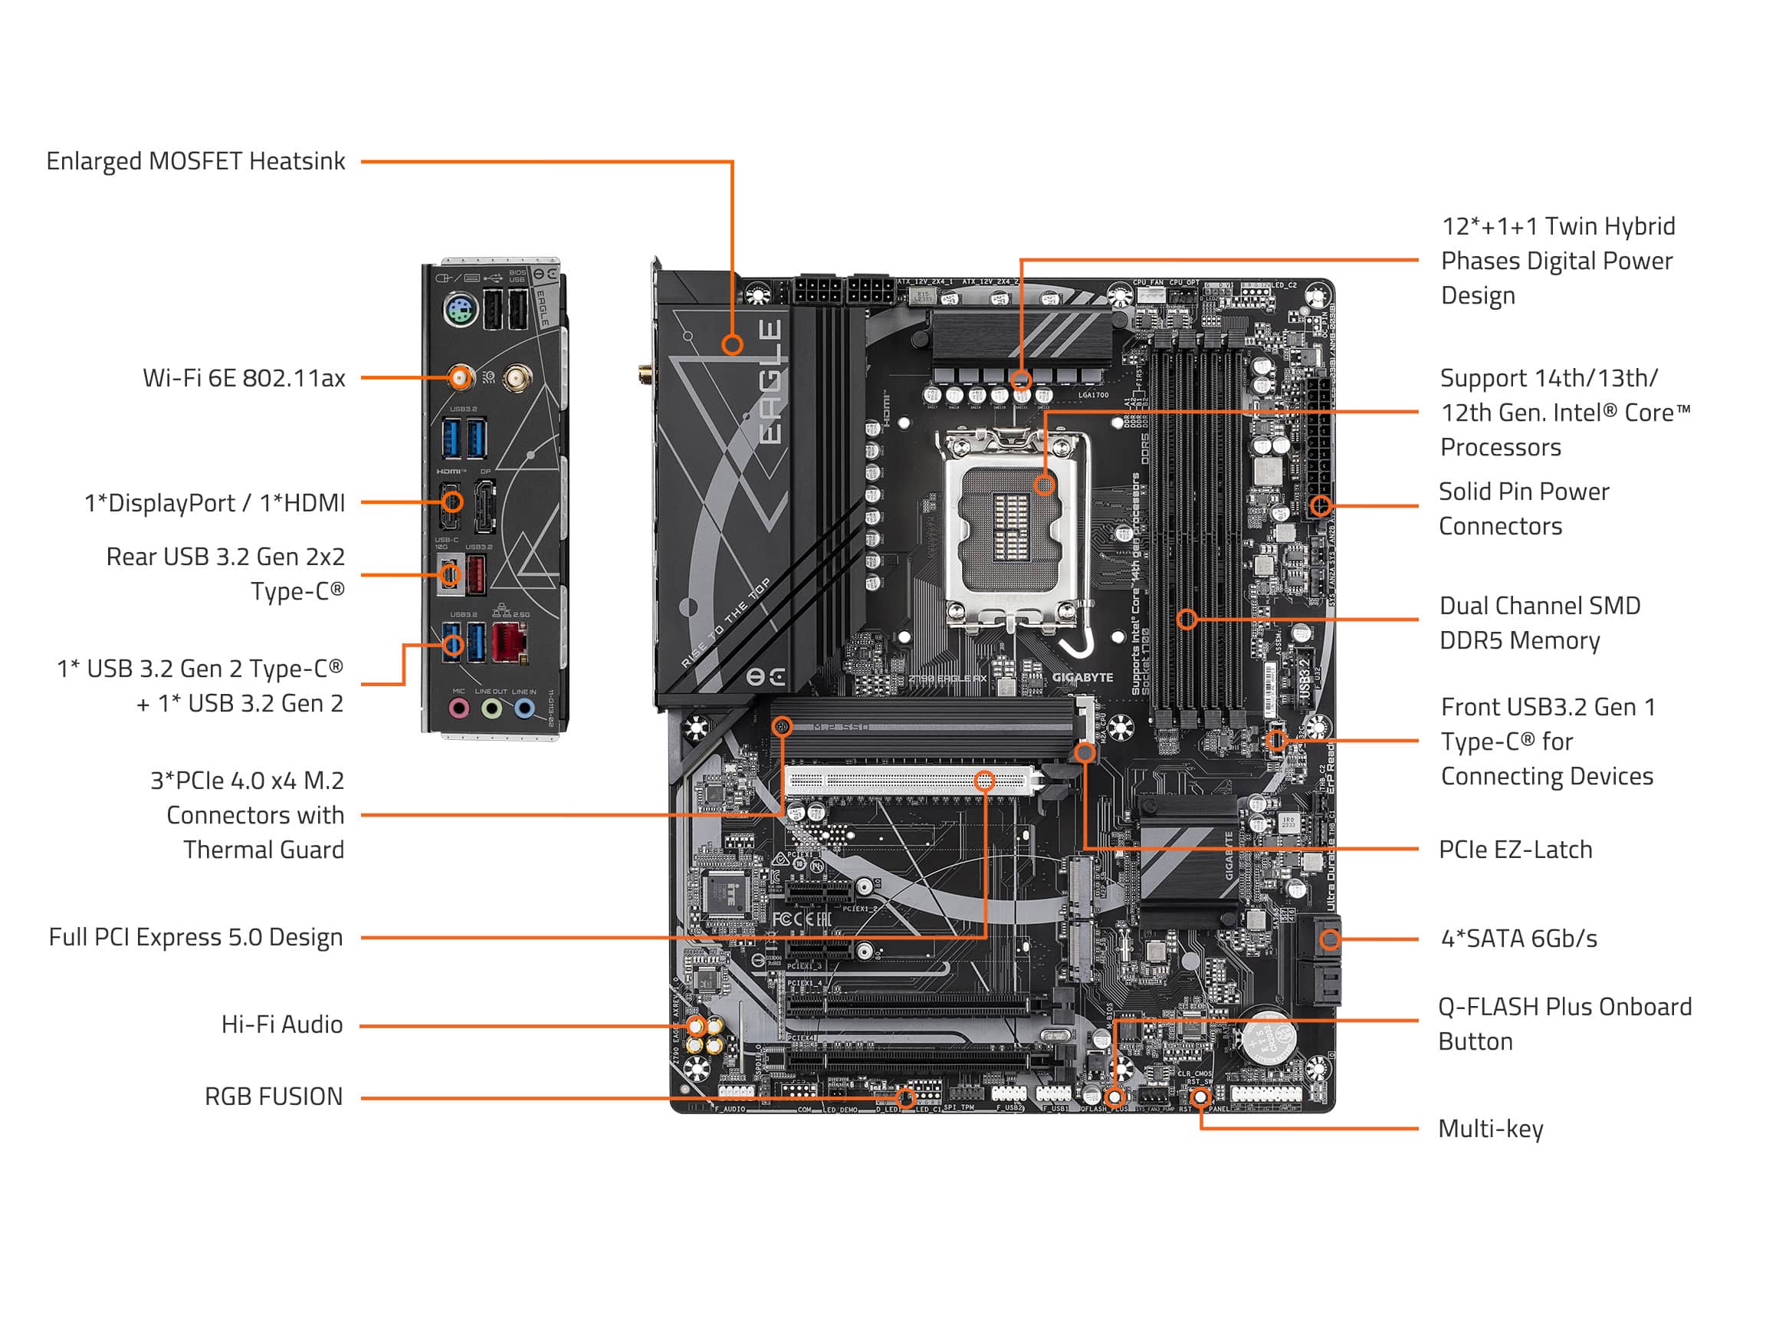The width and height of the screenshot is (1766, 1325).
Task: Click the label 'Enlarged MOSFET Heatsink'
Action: point(195,161)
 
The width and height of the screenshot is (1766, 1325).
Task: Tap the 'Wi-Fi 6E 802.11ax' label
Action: point(244,378)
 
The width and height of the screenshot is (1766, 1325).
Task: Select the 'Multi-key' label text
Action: point(1490,1129)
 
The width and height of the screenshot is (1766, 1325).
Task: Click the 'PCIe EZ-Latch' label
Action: point(1515,849)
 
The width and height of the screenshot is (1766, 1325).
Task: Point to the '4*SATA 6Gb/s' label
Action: point(1518,939)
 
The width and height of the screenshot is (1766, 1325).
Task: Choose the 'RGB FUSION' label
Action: point(273,1096)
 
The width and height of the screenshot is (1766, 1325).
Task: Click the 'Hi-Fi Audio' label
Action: point(282,1024)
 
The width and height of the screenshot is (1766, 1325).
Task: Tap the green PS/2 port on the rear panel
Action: point(461,311)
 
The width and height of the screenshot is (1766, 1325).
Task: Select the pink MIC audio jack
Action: point(458,708)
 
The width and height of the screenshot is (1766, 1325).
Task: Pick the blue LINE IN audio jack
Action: point(524,708)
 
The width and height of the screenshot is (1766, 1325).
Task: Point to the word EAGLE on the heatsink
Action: point(769,381)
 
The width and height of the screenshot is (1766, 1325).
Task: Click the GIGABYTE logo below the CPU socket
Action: point(1082,677)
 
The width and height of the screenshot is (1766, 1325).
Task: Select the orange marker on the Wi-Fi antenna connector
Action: point(460,377)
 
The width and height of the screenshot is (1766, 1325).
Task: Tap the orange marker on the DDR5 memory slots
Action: point(1187,619)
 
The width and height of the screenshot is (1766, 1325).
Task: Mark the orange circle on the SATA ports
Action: point(1329,939)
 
